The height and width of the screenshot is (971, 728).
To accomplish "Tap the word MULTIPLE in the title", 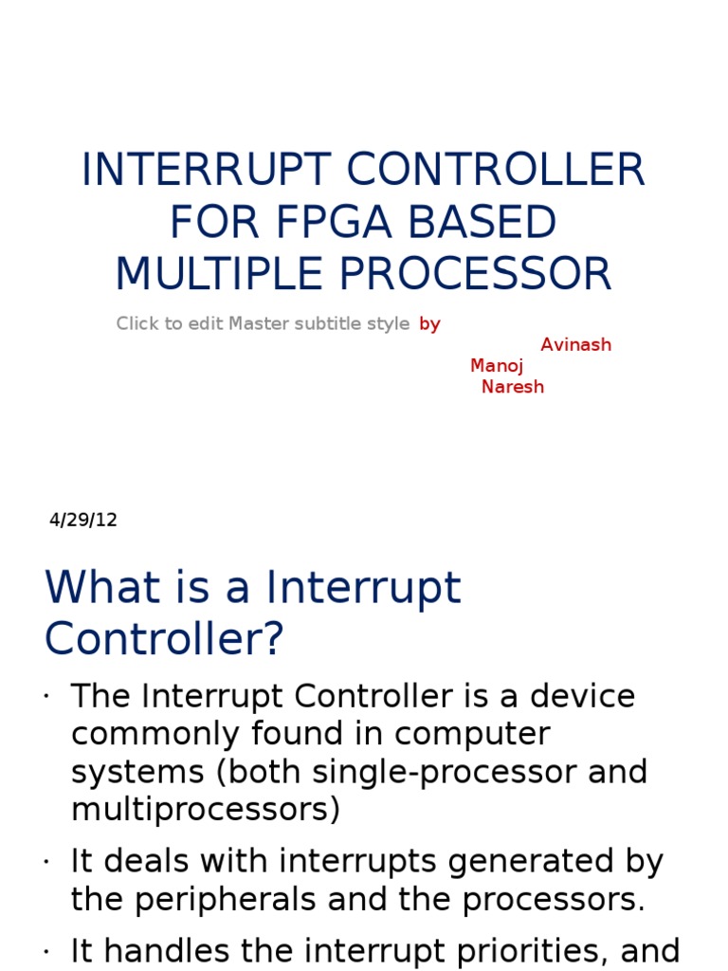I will pyautogui.click(x=219, y=274).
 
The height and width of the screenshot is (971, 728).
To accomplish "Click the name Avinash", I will pyautogui.click(x=575, y=345).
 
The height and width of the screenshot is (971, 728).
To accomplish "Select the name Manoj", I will pyautogui.click(x=497, y=366).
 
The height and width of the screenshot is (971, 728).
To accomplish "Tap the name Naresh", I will pyautogui.click(x=513, y=387).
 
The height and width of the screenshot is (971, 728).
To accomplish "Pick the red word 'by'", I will pyautogui.click(x=430, y=324).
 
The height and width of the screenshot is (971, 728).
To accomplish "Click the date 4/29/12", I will pyautogui.click(x=83, y=520).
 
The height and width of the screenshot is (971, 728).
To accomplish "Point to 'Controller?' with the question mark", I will pyautogui.click(x=164, y=640).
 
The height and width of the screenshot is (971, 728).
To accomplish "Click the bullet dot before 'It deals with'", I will pyautogui.click(x=45, y=863).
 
